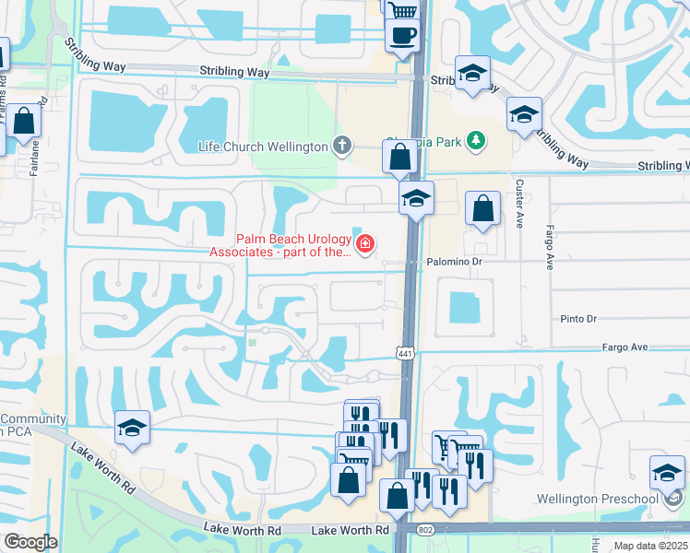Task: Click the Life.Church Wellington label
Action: (263, 147)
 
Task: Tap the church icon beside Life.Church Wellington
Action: (342, 145)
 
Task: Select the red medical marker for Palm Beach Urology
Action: (365, 244)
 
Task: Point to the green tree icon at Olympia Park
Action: (476, 141)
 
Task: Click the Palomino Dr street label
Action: (455, 262)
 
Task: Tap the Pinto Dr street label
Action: (579, 319)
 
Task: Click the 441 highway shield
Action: (405, 353)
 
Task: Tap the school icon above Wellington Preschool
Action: (666, 473)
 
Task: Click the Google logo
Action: (30, 542)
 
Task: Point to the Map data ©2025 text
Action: (650, 546)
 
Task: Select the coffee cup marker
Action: (401, 35)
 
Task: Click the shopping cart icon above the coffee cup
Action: (401, 10)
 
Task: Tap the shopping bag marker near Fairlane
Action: (24, 121)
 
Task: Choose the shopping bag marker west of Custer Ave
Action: (482, 209)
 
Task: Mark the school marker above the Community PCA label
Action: (132, 428)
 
